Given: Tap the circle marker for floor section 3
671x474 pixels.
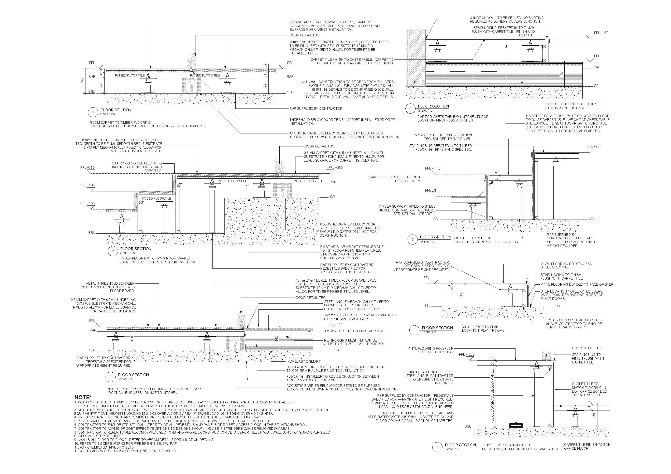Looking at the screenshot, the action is pyautogui.click(x=110, y=377).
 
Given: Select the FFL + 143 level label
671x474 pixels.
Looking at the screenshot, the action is pyautogui.click(x=432, y=168).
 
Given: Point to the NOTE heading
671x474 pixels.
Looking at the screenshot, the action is pyautogui.click(x=83, y=398).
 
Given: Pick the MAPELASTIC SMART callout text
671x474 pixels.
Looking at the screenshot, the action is pyautogui.click(x=304, y=361).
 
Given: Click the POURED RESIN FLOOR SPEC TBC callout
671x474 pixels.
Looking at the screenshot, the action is pyautogui.click(x=351, y=309).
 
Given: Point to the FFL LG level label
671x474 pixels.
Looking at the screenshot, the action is pyautogui.click(x=431, y=190).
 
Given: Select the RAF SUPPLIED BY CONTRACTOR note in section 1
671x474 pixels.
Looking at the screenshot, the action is pyautogui.click(x=316, y=109).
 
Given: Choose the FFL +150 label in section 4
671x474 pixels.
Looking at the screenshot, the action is pyautogui.click(x=601, y=33).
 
